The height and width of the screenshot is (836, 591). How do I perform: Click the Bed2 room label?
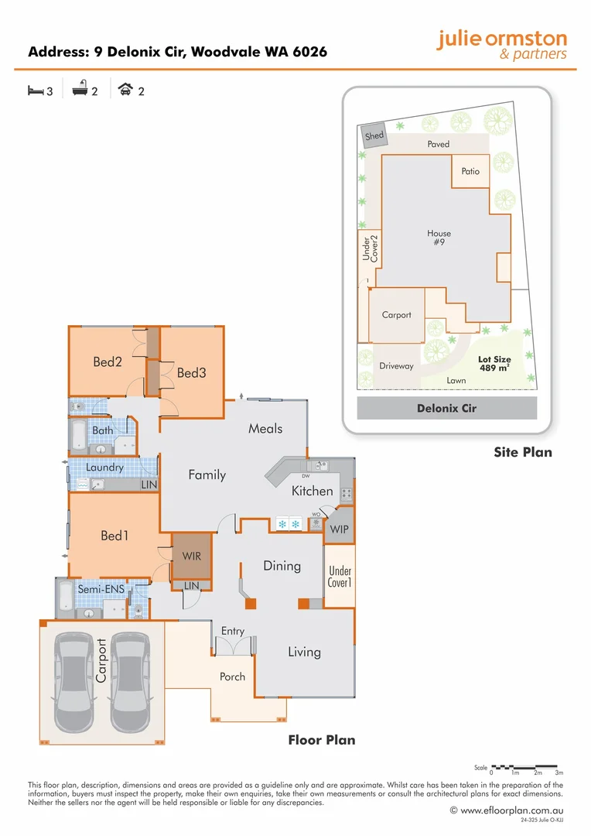click(108, 361)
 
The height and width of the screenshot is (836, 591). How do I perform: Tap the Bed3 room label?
click(192, 372)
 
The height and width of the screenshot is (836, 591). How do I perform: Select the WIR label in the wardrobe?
click(191, 556)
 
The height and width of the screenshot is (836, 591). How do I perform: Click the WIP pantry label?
click(339, 530)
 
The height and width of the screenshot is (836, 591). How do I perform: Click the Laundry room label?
click(104, 468)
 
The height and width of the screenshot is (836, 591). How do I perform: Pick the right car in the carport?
click(132, 681)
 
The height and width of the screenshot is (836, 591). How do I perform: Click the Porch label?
click(232, 677)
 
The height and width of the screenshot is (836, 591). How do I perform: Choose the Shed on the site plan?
click(374, 136)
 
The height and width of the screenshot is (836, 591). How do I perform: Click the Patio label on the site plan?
click(470, 171)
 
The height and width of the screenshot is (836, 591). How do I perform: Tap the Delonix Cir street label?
click(446, 408)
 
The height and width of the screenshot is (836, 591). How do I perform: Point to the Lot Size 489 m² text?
click(494, 364)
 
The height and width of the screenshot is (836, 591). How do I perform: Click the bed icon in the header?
click(35, 91)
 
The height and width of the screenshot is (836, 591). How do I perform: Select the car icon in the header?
click(125, 91)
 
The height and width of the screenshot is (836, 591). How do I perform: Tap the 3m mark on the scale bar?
click(559, 773)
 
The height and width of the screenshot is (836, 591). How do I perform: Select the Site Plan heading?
click(523, 452)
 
